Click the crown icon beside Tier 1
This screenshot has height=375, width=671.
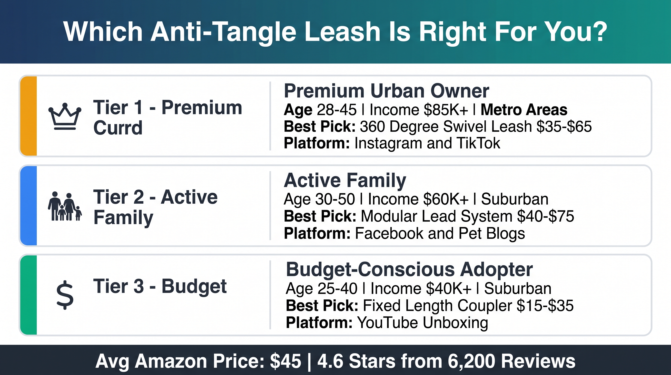pyautogui.click(x=65, y=116)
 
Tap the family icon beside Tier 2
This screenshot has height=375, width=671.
pyautogui.click(x=65, y=206)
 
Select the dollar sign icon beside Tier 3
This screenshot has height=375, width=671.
pyautogui.click(x=65, y=295)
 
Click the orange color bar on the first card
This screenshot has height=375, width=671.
pyautogui.click(x=29, y=116)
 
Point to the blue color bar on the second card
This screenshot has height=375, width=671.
pyautogui.click(x=29, y=206)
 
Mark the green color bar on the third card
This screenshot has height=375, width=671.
pyautogui.click(x=29, y=295)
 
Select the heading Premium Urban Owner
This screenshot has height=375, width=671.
pyautogui.click(x=386, y=91)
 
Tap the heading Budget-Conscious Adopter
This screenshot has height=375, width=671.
pyautogui.click(x=409, y=269)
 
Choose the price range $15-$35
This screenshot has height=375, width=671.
pyautogui.click(x=545, y=306)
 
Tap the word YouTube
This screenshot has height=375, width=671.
pyautogui.click(x=388, y=323)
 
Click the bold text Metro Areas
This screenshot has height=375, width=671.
pyautogui.click(x=524, y=110)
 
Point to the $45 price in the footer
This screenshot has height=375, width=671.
pyautogui.click(x=286, y=361)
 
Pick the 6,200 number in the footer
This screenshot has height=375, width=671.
pyautogui.click(x=472, y=361)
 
